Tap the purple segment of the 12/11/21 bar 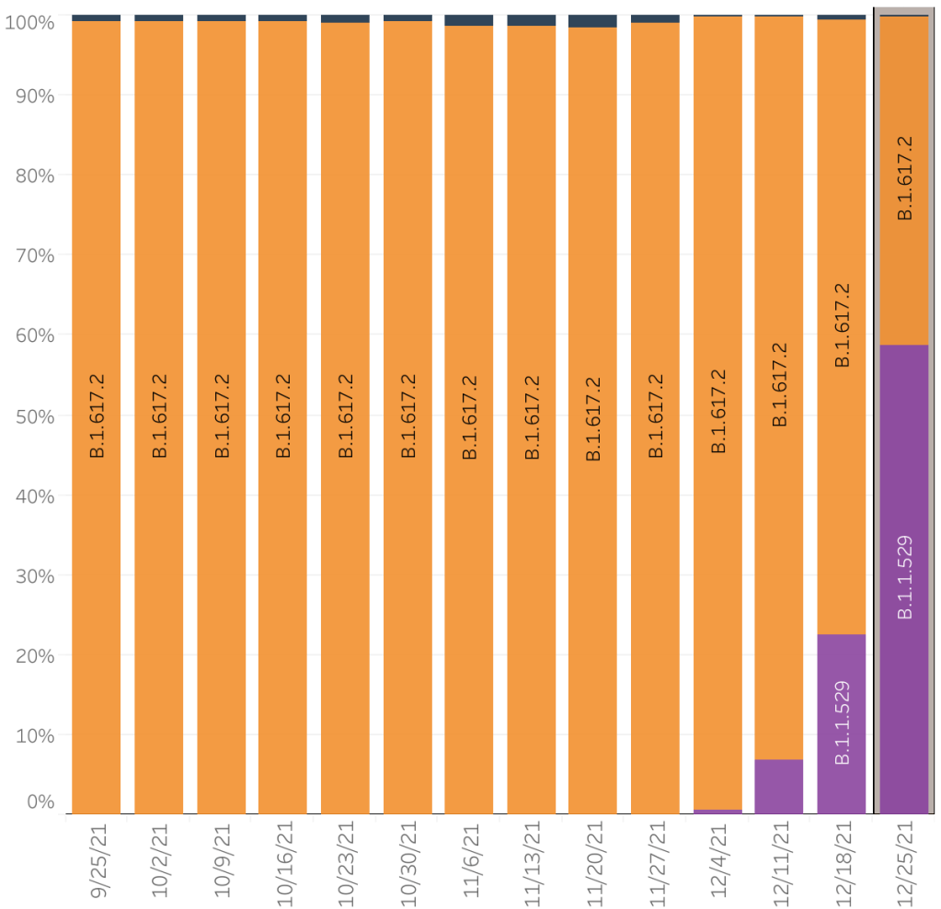point(778,787)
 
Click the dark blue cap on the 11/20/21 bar point(592,21)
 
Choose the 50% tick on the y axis point(36,415)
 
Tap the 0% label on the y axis point(40,801)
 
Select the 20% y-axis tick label point(36,655)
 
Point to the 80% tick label point(36,175)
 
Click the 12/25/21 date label point(904,861)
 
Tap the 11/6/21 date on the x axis point(469,861)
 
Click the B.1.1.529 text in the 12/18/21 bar point(841,722)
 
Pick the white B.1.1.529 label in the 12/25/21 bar point(904,576)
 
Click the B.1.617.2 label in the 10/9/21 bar point(221,415)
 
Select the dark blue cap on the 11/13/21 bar point(531,20)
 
